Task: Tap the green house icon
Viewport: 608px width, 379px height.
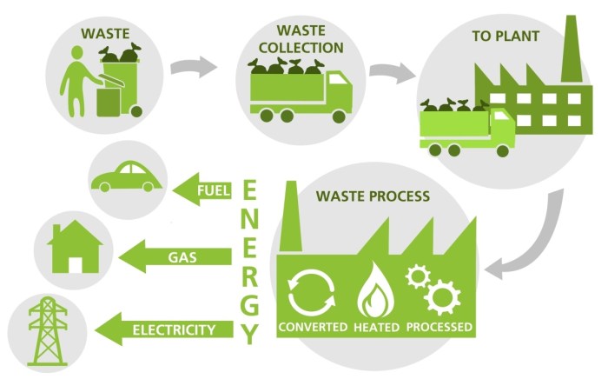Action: [x=73, y=250]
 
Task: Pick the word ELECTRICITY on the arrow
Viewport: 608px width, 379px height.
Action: [x=174, y=329]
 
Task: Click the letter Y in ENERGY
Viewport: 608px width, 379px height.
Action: [x=250, y=333]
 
